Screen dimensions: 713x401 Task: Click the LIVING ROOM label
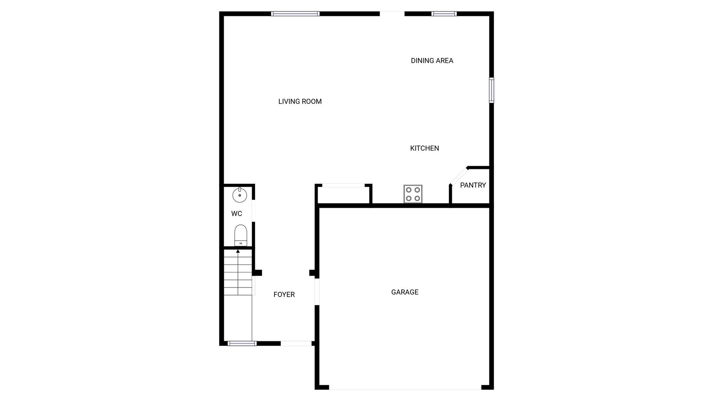click(x=300, y=101)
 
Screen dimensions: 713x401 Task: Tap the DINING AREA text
click(x=432, y=61)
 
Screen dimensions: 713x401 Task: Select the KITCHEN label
click(x=424, y=148)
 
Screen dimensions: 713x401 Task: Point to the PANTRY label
click(x=473, y=185)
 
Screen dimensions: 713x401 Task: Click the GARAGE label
click(x=405, y=292)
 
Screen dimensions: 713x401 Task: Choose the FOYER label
click(x=284, y=294)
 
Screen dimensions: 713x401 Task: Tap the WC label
click(x=236, y=214)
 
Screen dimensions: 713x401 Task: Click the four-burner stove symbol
click(x=413, y=194)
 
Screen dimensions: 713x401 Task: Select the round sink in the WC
click(x=240, y=195)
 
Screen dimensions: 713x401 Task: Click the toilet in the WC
click(x=241, y=235)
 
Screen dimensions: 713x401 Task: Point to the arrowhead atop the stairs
click(x=238, y=251)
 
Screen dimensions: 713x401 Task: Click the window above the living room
click(x=295, y=14)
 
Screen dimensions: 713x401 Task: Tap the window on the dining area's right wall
click(x=491, y=90)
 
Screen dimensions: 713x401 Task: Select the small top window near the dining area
click(x=444, y=14)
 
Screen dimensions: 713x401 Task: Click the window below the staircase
click(x=242, y=344)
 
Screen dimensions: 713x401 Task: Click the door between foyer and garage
click(x=317, y=292)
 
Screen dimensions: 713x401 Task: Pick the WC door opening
click(x=253, y=210)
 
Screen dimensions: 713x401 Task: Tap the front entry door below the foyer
click(x=296, y=344)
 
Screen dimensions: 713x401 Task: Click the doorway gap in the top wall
click(x=392, y=14)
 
